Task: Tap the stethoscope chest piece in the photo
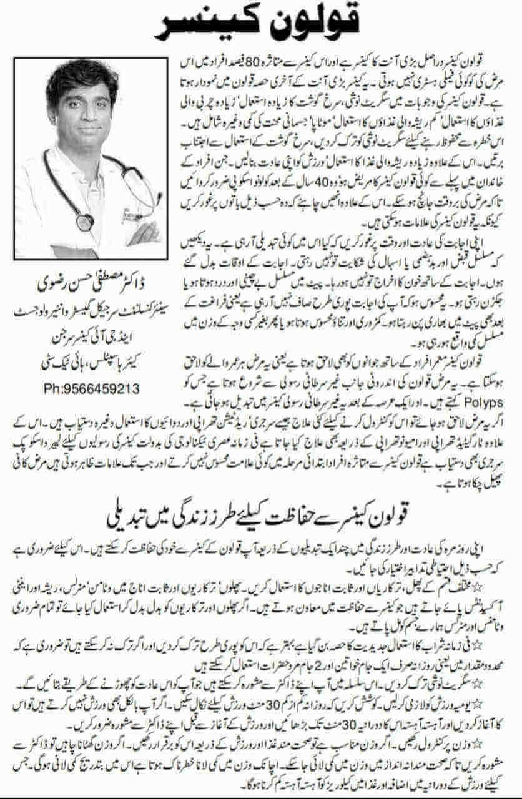pyautogui.click(x=85, y=222)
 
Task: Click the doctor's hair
pyautogui.click(x=81, y=78)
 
